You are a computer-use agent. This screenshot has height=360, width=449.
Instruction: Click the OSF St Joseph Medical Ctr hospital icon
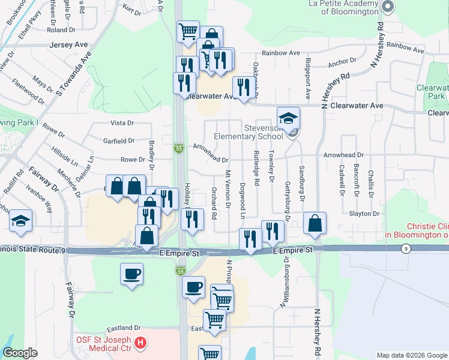coord(140,344)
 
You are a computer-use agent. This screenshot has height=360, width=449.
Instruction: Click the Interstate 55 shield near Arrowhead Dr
coord(179,147)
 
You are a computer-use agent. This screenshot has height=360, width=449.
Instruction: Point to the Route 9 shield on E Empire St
coord(406,249)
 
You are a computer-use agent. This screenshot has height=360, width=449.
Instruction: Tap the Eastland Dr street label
coord(124,328)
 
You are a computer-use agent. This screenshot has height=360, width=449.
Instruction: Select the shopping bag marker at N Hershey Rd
coord(315,224)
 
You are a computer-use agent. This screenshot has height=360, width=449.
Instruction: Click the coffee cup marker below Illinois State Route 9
coord(131,274)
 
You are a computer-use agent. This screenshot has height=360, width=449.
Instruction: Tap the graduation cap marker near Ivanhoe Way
coord(20,221)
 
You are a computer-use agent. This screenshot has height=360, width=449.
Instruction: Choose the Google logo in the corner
coord(20,353)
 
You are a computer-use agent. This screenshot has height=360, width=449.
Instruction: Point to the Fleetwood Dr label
coord(28,91)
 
